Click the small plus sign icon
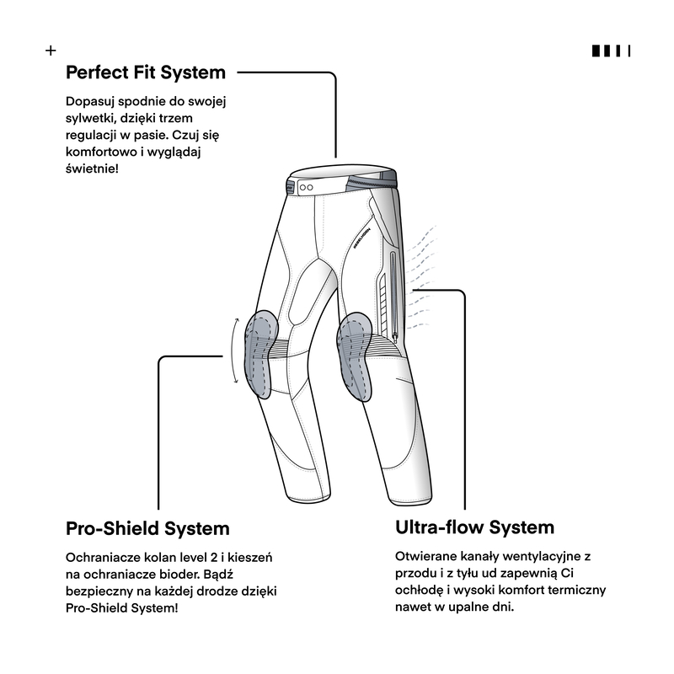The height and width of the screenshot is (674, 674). point(51,51)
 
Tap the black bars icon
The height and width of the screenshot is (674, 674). point(611,51)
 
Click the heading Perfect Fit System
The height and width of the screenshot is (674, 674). point(146,72)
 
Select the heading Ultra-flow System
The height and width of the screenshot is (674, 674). point(474,527)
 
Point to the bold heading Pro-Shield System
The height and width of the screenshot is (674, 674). point(147,529)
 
